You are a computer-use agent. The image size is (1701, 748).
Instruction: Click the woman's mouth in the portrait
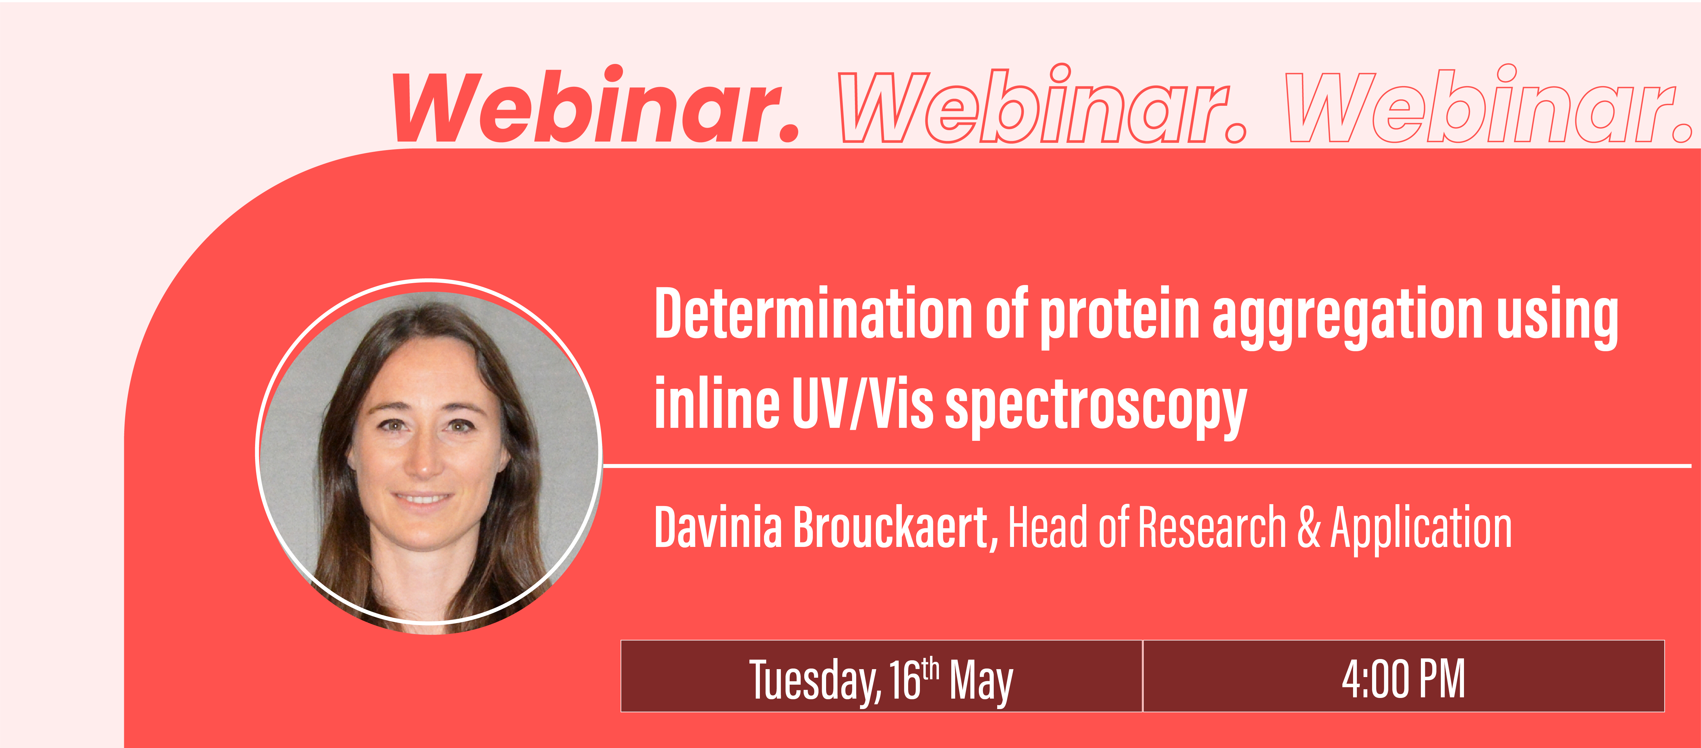(423, 498)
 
